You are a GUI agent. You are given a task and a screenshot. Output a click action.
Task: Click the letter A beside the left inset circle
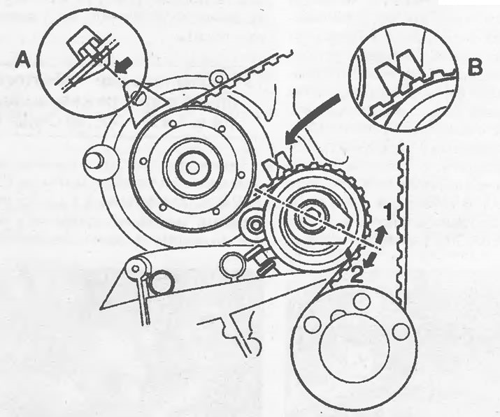pyautogui.click(x=23, y=61)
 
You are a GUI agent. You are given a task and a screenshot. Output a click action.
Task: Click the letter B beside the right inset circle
pyautogui.click(x=475, y=67)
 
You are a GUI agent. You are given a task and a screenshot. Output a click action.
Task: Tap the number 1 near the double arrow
pyautogui.click(x=387, y=212)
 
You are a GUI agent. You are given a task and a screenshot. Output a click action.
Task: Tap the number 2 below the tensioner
pyautogui.click(x=357, y=275)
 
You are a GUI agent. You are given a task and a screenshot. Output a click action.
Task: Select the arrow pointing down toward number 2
pyautogui.click(x=370, y=258)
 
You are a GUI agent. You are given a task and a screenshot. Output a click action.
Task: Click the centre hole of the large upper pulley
pyautogui.click(x=192, y=168)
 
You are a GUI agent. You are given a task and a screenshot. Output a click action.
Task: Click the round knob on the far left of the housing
pyautogui.click(x=94, y=159)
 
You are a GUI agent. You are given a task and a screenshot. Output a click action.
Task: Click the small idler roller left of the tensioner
pyautogui.click(x=255, y=225)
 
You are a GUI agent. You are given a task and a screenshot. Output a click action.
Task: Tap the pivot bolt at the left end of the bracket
pyautogui.click(x=136, y=268)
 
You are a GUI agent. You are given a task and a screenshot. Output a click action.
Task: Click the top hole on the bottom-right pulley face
pyautogui.click(x=362, y=301)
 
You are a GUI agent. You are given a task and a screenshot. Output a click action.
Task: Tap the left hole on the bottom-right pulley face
pyautogui.click(x=313, y=325)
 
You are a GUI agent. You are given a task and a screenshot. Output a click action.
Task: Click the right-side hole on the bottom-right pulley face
pyautogui.click(x=400, y=331)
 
